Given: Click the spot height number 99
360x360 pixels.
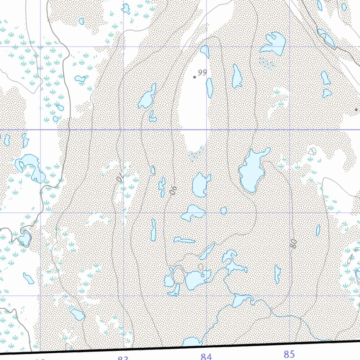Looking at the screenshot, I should (202, 73).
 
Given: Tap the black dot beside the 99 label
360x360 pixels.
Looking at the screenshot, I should (194, 77).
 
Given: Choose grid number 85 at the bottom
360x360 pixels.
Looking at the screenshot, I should (289, 354).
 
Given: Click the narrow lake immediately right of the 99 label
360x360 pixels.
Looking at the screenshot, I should (209, 88).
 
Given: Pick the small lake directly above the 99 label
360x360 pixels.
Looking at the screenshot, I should (205, 51).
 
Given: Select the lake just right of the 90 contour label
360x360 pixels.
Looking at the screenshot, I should (201, 185).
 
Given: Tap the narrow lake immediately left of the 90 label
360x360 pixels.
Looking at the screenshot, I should (162, 186).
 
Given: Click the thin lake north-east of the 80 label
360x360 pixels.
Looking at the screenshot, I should (318, 230).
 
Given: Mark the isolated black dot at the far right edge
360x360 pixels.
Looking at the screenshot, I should (356, 110).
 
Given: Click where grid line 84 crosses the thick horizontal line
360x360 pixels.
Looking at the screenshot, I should (206, 130).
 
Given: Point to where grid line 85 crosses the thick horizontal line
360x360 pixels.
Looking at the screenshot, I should (289, 130).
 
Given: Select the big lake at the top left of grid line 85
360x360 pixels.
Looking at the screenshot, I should (274, 43).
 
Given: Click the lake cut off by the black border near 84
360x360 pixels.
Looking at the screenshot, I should (192, 342).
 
